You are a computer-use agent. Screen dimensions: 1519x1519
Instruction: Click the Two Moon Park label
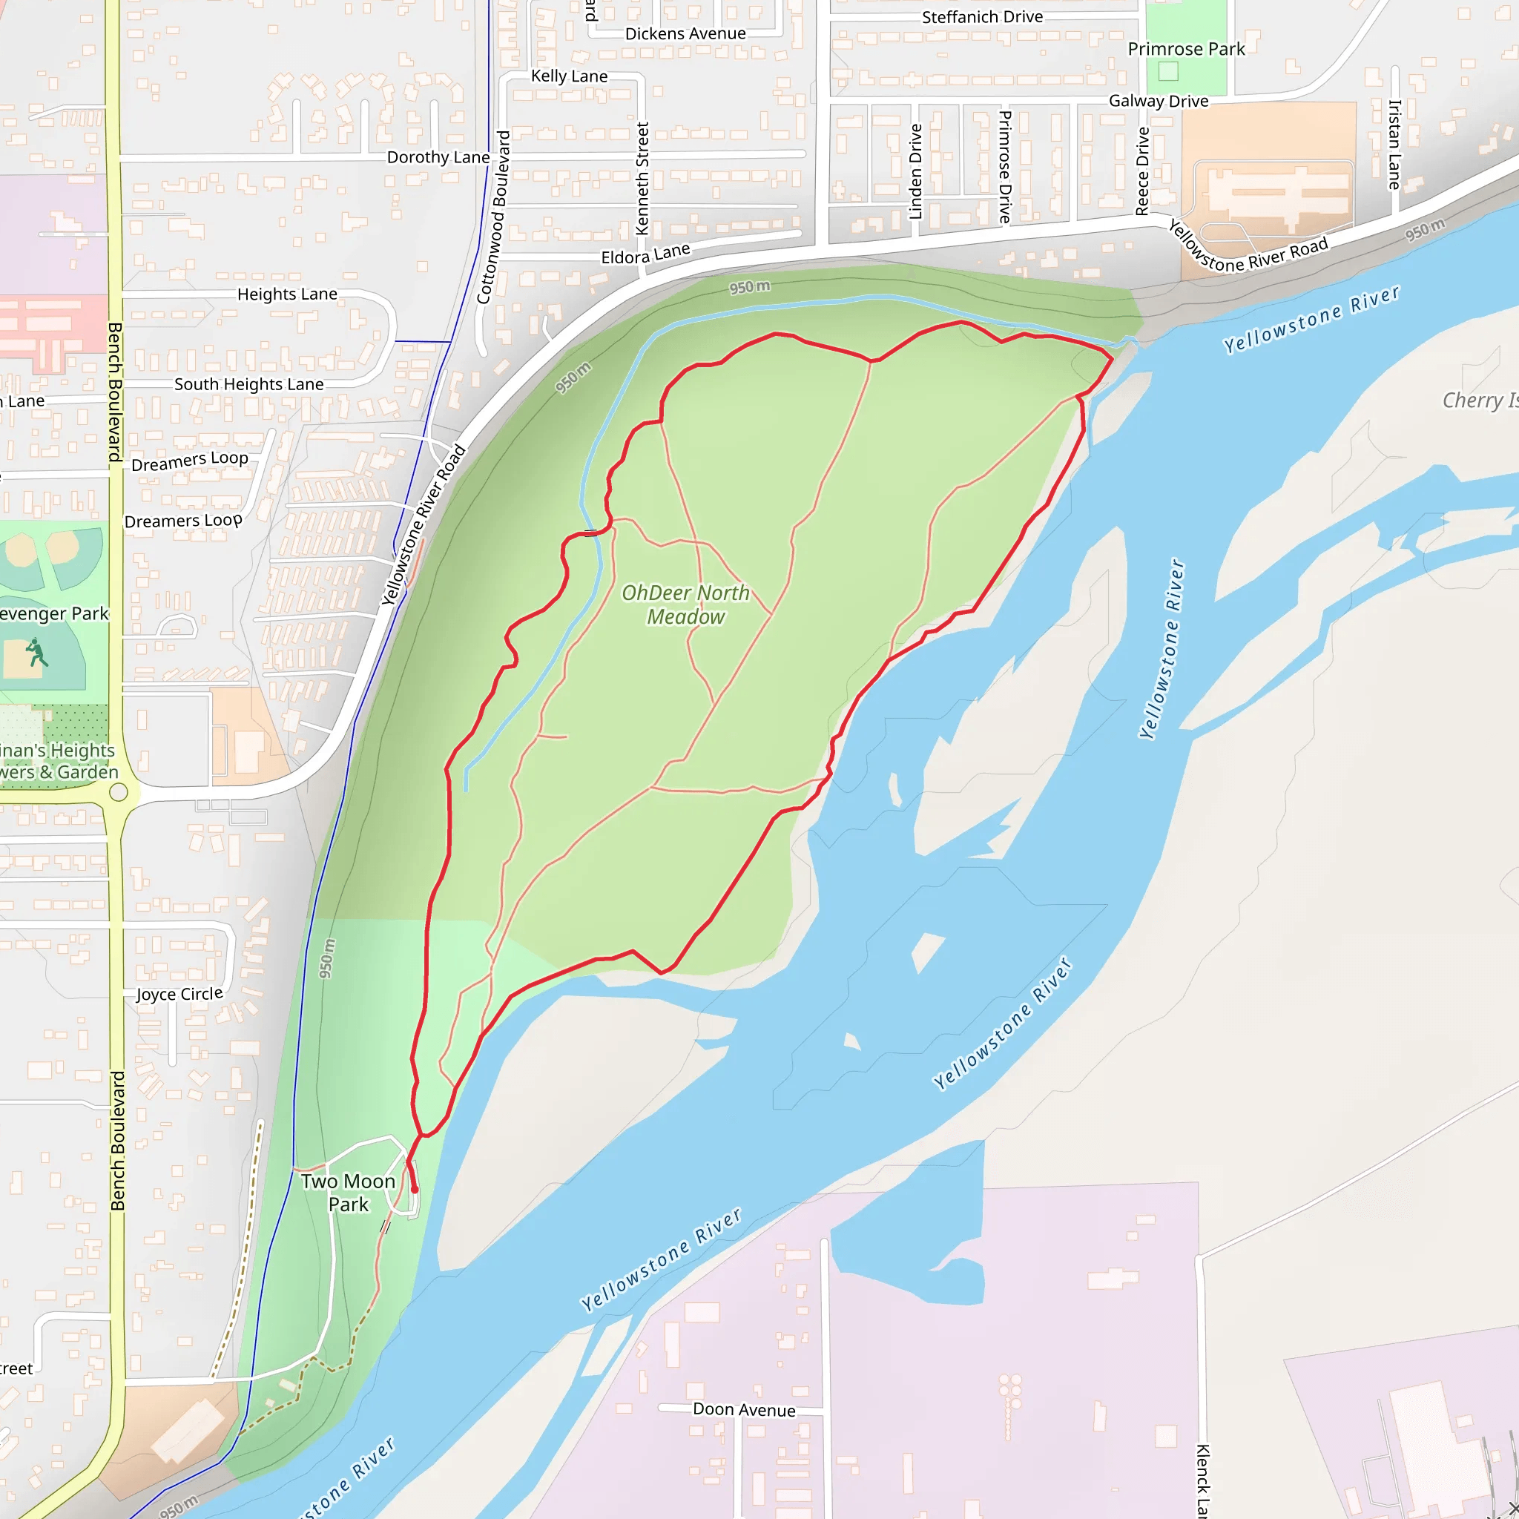pyautogui.click(x=348, y=1193)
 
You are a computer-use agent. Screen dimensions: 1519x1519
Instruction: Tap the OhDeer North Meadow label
pyautogui.click(x=685, y=604)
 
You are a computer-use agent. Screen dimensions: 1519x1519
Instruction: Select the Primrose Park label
pyautogui.click(x=1186, y=49)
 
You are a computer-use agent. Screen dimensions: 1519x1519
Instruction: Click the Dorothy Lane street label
pyautogui.click(x=438, y=157)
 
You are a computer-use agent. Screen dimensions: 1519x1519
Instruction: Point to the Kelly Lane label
pyautogui.click(x=569, y=76)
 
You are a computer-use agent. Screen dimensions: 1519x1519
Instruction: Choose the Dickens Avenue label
pyautogui.click(x=685, y=34)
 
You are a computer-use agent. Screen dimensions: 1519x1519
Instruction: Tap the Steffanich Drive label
pyautogui.click(x=982, y=16)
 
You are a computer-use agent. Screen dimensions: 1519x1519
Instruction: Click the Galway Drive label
pyautogui.click(x=1158, y=101)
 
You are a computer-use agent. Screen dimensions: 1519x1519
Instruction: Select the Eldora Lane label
pyautogui.click(x=645, y=254)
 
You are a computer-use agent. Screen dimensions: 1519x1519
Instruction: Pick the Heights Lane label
pyautogui.click(x=287, y=294)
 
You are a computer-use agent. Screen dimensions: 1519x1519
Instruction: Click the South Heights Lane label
pyautogui.click(x=248, y=384)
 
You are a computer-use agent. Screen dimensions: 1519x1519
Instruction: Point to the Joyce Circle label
pyautogui.click(x=179, y=994)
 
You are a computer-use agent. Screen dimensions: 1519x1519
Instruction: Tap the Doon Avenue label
pyautogui.click(x=744, y=1410)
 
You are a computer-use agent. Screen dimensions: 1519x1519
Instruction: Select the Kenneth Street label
pyautogui.click(x=642, y=179)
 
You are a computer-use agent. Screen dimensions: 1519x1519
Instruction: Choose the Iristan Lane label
pyautogui.click(x=1394, y=145)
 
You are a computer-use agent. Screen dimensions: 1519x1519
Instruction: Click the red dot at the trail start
pyautogui.click(x=415, y=1190)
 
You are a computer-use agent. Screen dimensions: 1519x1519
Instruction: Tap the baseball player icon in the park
pyautogui.click(x=36, y=653)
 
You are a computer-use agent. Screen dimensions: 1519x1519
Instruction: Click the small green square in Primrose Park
pyautogui.click(x=1168, y=71)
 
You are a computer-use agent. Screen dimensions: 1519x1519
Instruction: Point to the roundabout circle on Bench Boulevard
pyautogui.click(x=119, y=791)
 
